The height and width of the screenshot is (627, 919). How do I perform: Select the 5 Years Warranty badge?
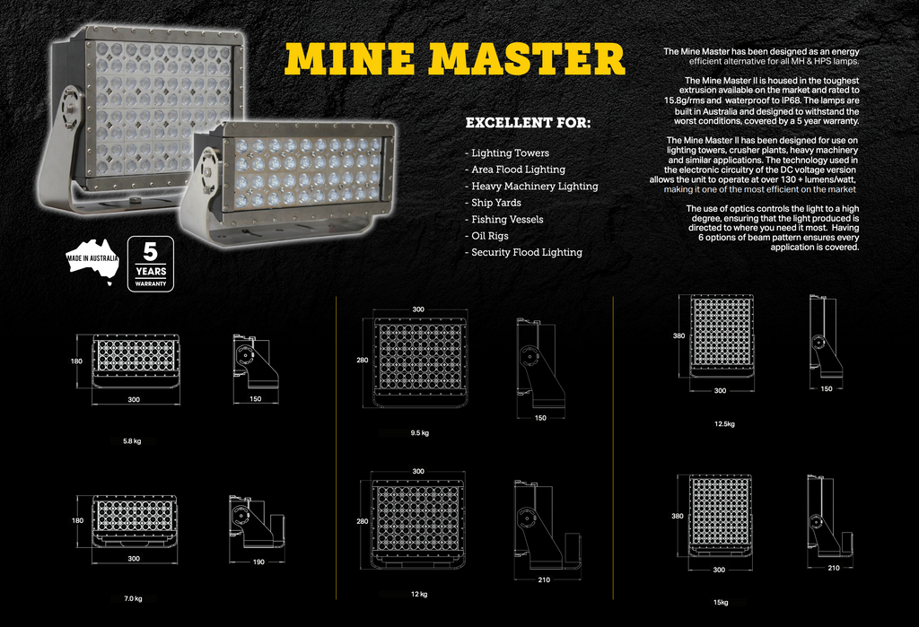(x=151, y=264)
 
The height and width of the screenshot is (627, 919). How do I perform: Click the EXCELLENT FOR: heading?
(x=528, y=123)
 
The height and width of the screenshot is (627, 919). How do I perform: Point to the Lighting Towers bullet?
(x=508, y=153)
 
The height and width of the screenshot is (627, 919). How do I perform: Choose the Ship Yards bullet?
(x=493, y=203)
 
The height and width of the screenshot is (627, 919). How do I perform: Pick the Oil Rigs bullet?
(x=487, y=236)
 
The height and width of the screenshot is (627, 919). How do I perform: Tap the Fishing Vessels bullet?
(x=504, y=220)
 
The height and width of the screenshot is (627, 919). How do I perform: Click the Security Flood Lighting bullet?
(x=524, y=253)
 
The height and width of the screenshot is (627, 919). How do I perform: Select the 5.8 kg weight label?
(x=132, y=441)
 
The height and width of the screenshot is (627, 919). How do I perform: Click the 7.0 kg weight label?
(x=133, y=599)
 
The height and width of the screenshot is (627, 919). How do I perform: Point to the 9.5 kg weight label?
(x=420, y=433)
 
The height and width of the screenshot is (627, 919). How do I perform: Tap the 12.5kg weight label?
(x=724, y=423)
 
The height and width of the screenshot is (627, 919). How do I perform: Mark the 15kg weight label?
(x=721, y=603)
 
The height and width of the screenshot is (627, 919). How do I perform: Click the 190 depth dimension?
(x=258, y=562)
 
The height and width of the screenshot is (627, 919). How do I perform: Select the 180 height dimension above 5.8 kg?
(x=77, y=361)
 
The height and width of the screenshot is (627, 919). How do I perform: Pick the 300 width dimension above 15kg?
(x=719, y=570)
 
